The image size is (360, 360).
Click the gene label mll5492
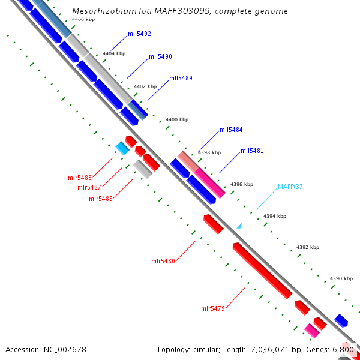[x=139, y=34]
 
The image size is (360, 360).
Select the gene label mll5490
[x=160, y=56]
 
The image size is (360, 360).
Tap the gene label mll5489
[x=181, y=78]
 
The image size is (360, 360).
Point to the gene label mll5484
[x=231, y=130]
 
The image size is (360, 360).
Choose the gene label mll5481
[x=252, y=151]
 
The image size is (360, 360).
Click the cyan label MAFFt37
[x=290, y=187]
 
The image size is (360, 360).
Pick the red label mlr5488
[x=79, y=178]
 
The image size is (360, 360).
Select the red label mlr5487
[x=89, y=187]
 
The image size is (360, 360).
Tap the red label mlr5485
[x=101, y=199]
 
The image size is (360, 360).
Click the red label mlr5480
[x=163, y=261]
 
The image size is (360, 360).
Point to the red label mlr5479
[x=213, y=308]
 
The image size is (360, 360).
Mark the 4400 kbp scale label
[x=176, y=120]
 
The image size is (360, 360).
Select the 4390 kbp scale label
[x=342, y=279]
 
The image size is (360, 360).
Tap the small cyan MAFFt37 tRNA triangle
[x=239, y=226]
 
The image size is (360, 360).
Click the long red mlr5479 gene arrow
[x=262, y=271]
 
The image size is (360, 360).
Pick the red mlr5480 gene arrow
[x=213, y=224]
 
